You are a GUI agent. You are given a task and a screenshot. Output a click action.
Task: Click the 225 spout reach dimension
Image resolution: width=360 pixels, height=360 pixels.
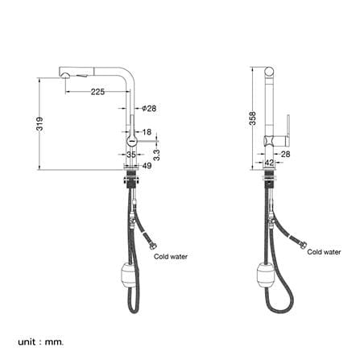[x=97, y=92]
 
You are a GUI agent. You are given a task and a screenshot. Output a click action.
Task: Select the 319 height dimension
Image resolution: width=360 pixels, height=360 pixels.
[x=39, y=124]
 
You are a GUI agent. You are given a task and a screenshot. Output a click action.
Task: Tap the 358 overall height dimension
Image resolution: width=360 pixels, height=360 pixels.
[x=253, y=118]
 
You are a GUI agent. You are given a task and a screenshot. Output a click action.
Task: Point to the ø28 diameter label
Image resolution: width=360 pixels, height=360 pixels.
[x=149, y=109]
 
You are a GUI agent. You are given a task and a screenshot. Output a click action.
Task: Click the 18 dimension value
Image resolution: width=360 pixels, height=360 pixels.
[x=147, y=132]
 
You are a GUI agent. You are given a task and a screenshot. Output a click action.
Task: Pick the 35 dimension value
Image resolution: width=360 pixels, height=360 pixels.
[x=131, y=155]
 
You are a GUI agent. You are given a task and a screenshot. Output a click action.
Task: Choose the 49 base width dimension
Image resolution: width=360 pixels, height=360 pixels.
[x=147, y=166]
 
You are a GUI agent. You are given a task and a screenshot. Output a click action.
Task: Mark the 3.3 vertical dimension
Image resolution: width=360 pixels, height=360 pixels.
[x=157, y=155]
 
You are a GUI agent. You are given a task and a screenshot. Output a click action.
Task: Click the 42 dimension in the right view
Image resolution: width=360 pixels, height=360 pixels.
[x=269, y=163]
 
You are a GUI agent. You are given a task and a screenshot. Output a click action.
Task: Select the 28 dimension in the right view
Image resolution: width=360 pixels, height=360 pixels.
[x=285, y=154]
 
